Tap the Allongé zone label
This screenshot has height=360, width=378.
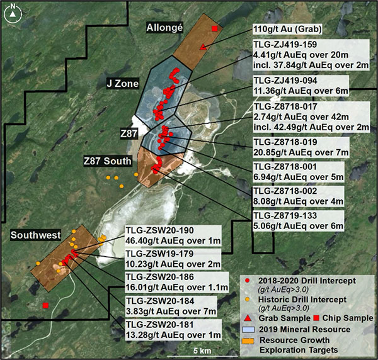(164, 28)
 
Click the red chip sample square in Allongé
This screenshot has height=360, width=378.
(215, 30)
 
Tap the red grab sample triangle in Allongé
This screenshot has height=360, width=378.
(202, 47)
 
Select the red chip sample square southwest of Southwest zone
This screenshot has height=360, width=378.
(46, 306)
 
